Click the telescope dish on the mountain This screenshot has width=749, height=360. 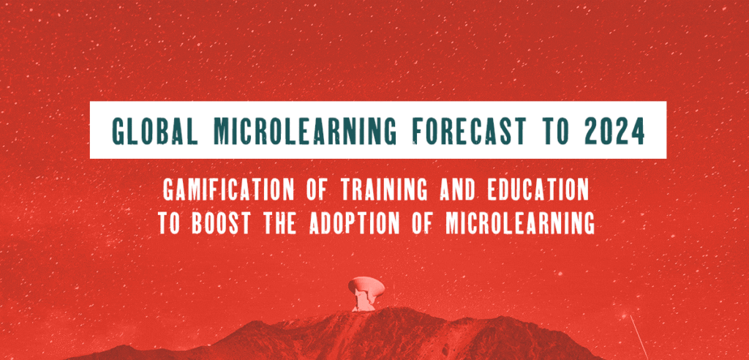pyautogui.click(x=364, y=285)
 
